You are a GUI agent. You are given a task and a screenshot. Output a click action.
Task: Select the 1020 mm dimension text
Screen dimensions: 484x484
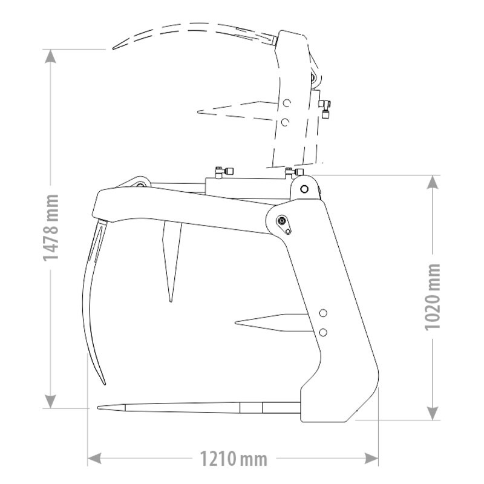tap(433, 296)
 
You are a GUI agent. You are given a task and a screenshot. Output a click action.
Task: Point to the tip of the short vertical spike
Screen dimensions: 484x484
tap(171, 299)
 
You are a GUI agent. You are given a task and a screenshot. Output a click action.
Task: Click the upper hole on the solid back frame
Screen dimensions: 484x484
tap(323, 313)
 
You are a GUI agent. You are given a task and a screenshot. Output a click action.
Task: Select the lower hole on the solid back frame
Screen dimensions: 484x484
tap(323, 332)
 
